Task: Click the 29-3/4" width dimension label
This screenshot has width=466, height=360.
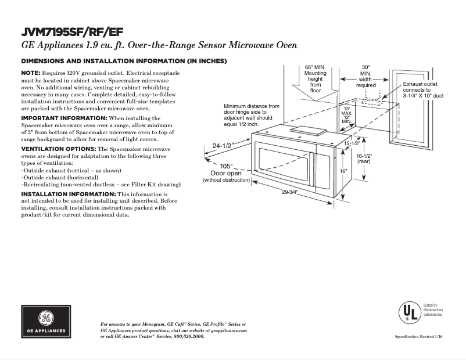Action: tap(290, 193)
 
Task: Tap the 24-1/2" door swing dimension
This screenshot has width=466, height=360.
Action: tap(223, 146)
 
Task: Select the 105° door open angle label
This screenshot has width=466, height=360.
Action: tap(226, 166)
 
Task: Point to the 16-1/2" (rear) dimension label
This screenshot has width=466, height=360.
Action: tap(364, 159)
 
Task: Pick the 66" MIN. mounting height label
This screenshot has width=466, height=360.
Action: tap(316, 79)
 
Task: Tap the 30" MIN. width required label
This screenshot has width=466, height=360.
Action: tap(365, 76)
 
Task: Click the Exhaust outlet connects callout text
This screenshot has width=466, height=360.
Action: tap(423, 90)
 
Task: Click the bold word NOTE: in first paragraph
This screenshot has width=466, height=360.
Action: tap(31, 72)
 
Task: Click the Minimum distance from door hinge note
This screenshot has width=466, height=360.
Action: tap(251, 116)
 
